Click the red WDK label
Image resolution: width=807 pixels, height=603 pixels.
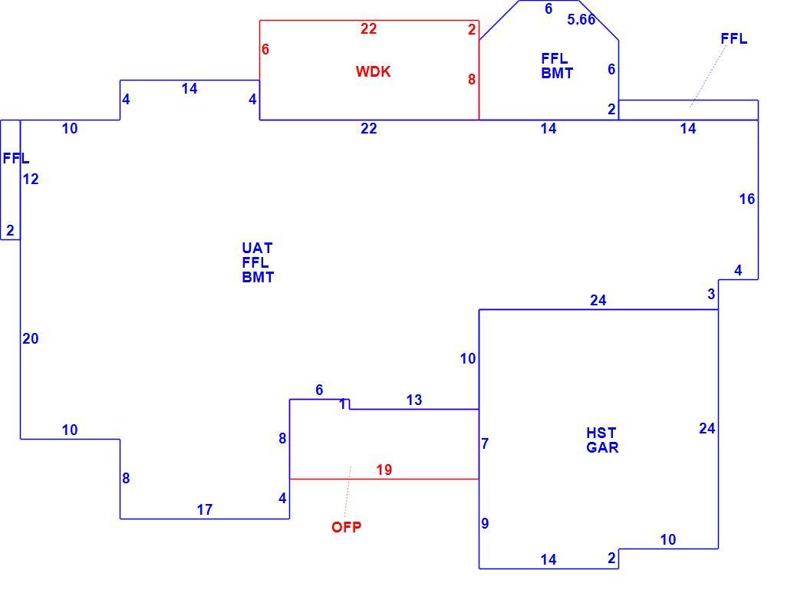coord(373,71)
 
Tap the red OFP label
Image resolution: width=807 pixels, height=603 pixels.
coord(347,527)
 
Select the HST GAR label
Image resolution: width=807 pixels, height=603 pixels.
coord(602,440)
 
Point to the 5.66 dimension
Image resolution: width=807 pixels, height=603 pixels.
coord(581,19)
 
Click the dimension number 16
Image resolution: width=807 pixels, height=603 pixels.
coord(747,199)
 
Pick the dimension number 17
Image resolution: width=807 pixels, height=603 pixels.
coord(204,509)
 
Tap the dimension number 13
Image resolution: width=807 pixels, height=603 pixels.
coord(413,400)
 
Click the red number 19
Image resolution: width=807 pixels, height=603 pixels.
coord(384,470)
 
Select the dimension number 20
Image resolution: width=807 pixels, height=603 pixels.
coord(31,338)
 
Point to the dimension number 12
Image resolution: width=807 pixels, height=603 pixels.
coord(31,179)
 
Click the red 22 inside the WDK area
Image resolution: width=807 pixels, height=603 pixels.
coord(368,28)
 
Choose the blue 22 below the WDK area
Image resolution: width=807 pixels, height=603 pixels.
coord(368,128)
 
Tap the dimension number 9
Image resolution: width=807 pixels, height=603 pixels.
coord(485,523)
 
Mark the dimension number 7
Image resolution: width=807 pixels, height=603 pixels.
coord(485,443)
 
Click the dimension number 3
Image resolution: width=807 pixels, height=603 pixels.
coord(711,294)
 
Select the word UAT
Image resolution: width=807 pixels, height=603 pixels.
coord(257,248)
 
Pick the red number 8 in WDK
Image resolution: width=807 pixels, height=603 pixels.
coord(472,79)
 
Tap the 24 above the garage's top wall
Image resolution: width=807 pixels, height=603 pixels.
coord(598,300)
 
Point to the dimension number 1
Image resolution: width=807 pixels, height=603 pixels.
coord(343,404)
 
